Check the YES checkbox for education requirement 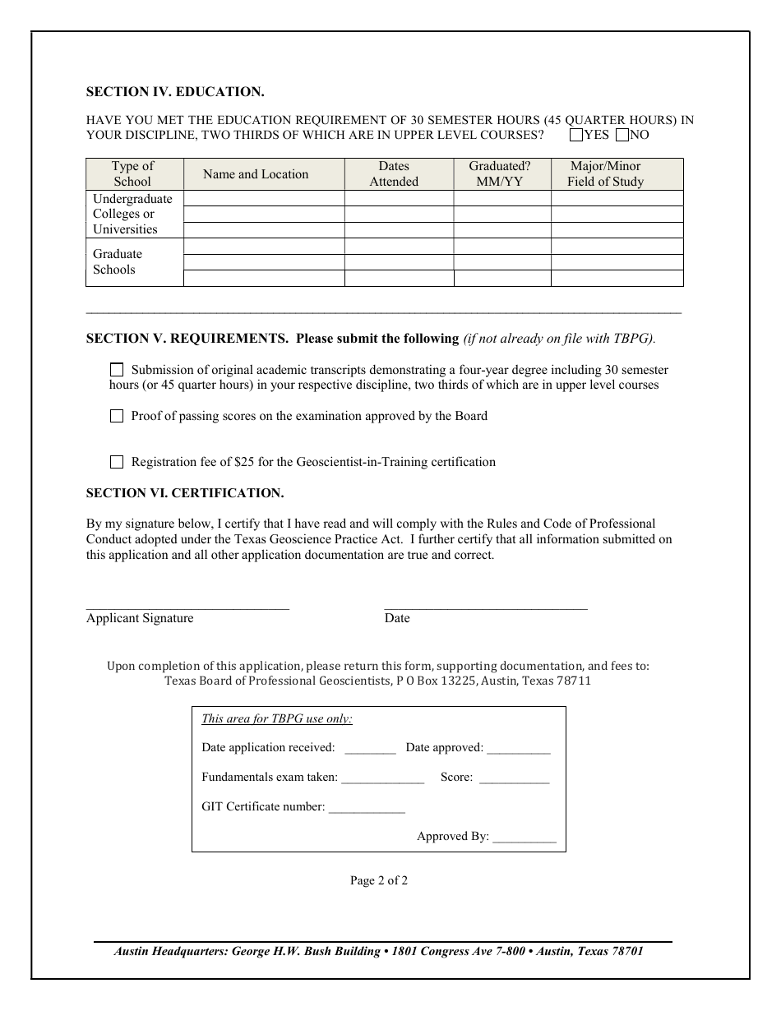[x=576, y=135]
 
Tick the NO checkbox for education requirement [x=622, y=135]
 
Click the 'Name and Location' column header [x=256, y=174]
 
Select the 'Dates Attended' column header [x=394, y=174]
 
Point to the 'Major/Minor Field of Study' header [x=606, y=174]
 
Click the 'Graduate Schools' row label [x=117, y=262]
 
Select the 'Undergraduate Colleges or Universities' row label [x=132, y=215]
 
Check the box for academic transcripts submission [x=117, y=370]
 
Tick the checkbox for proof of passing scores [x=117, y=416]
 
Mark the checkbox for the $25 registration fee [x=117, y=462]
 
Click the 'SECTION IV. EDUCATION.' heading [x=175, y=92]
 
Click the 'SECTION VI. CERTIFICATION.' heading [x=185, y=493]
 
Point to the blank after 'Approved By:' [x=525, y=838]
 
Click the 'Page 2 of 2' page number [x=379, y=880]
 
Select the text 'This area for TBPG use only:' [x=277, y=719]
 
